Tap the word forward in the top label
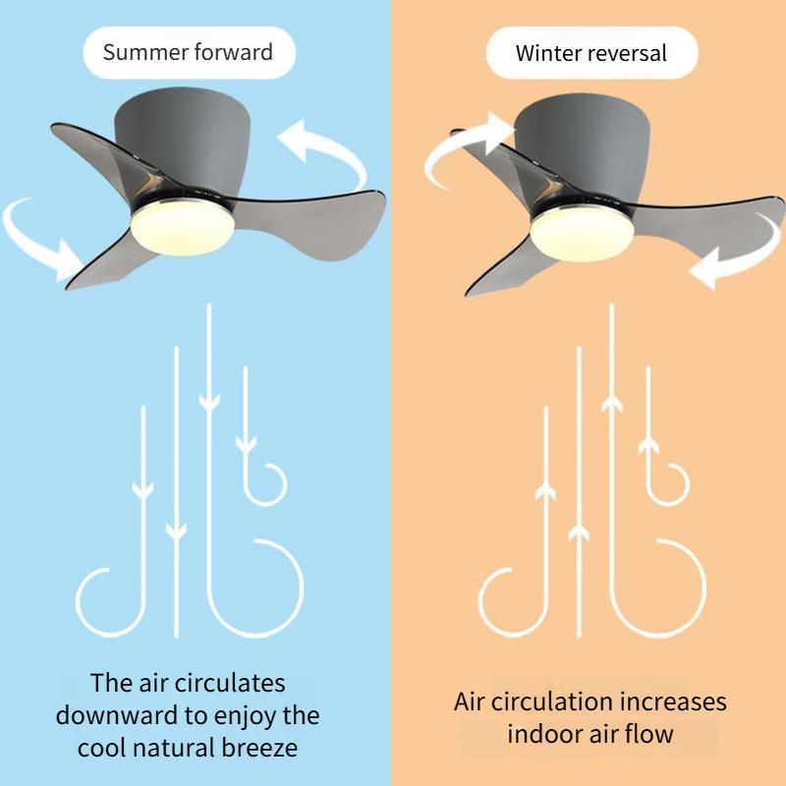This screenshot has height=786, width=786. [x=236, y=52]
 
